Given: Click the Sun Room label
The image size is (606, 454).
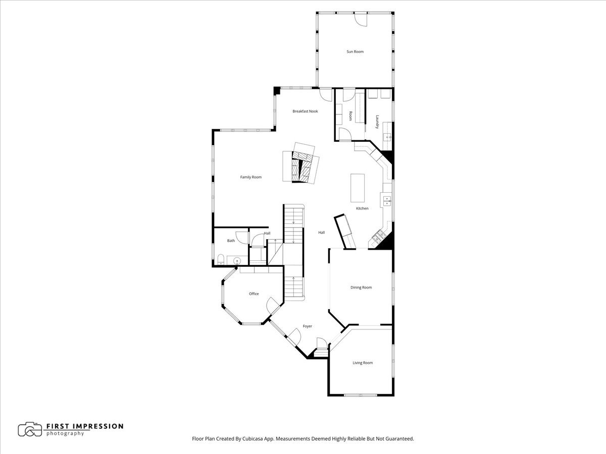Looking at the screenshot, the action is [x=355, y=51].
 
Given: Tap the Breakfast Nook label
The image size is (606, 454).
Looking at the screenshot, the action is [x=305, y=111].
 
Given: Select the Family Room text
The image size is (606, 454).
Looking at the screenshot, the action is [x=250, y=177].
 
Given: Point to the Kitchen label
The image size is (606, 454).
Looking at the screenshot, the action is [x=362, y=208].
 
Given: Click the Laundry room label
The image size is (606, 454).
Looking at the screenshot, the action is [x=377, y=122].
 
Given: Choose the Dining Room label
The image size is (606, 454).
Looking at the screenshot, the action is [x=361, y=287].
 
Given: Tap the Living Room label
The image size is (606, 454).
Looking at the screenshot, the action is [x=363, y=363].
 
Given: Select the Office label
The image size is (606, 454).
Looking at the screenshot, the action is [x=254, y=294].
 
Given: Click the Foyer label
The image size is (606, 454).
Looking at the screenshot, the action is [x=307, y=326].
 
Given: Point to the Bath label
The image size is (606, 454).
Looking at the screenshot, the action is [x=231, y=241].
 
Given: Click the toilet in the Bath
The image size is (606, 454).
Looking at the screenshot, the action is [x=221, y=259].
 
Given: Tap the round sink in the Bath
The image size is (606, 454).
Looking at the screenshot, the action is [x=237, y=260].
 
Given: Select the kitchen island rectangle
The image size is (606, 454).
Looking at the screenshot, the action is [x=358, y=188].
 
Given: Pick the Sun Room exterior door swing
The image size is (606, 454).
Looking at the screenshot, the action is [x=361, y=19].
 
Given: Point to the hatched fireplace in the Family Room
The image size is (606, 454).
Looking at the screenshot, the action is [x=302, y=167].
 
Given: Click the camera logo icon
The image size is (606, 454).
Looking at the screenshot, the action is [x=30, y=429].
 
